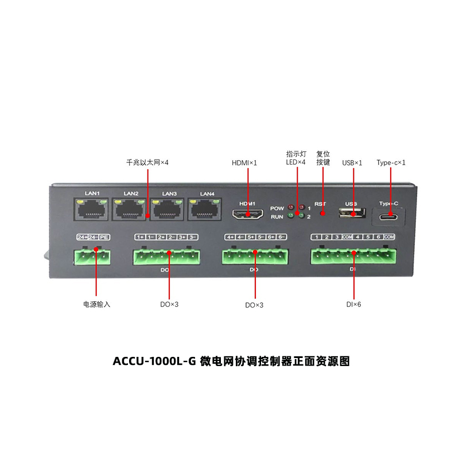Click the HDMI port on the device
coord(247,215)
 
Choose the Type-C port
coord(391,217)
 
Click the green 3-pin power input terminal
coord(92,256)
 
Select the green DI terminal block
coord(353,256)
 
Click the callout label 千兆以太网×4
coord(147,163)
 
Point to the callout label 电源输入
coord(96,304)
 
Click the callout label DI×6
coord(353,304)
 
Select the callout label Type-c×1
coord(391,163)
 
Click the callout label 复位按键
coord(323,158)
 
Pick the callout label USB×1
coord(352,163)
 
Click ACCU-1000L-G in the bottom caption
coord(154,361)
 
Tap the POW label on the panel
coord(277,208)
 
